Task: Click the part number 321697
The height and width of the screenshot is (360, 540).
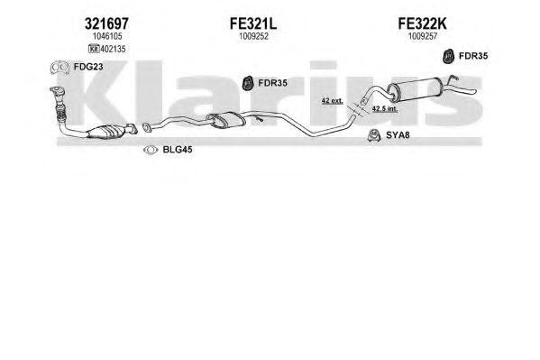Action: point(106,23)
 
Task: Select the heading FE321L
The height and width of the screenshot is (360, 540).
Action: point(253,23)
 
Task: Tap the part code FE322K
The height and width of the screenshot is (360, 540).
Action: point(422,23)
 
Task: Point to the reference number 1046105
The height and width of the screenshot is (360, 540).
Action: point(107,36)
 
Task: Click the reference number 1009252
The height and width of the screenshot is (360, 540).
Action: point(254,36)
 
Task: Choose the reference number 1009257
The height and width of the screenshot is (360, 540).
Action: point(423,36)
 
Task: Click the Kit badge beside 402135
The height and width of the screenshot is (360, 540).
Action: point(94,49)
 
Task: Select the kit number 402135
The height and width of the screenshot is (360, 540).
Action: point(113,49)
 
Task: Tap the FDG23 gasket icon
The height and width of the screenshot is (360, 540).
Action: point(59,68)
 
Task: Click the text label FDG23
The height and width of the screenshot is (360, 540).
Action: point(88,67)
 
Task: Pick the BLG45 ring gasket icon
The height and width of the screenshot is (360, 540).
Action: point(151,150)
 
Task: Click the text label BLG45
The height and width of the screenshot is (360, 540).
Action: point(178,150)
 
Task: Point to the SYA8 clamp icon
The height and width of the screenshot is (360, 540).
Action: point(373,135)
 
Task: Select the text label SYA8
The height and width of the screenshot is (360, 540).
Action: point(398,134)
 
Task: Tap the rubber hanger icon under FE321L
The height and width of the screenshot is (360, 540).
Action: point(248,83)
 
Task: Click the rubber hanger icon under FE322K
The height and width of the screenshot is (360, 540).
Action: point(448,57)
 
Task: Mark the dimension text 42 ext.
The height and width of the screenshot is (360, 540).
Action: point(332,101)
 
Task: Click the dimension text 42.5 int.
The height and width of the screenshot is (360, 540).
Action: point(385,108)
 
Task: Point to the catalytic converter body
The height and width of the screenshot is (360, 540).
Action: point(106,132)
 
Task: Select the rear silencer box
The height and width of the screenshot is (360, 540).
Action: point(415,89)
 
